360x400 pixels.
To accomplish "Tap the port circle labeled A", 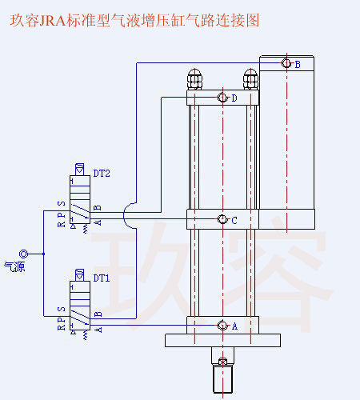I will tap(222, 326).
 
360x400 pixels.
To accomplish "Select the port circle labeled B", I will tap(286, 64).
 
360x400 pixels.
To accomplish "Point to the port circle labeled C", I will tap(222, 220).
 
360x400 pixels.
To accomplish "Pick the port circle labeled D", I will tap(222, 98).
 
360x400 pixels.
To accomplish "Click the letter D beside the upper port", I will tap(234, 98).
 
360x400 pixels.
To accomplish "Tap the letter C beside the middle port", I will tap(234, 221).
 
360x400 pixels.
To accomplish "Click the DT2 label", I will tap(102, 173).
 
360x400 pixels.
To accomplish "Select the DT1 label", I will tap(102, 279).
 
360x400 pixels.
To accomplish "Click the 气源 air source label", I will tap(14, 266).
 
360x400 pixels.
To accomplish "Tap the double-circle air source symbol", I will tap(23, 254).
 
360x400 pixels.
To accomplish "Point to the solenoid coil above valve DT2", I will tap(80, 170).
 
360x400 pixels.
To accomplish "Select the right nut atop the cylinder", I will tap(250, 80).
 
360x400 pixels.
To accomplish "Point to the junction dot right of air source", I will tap(44, 254).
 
